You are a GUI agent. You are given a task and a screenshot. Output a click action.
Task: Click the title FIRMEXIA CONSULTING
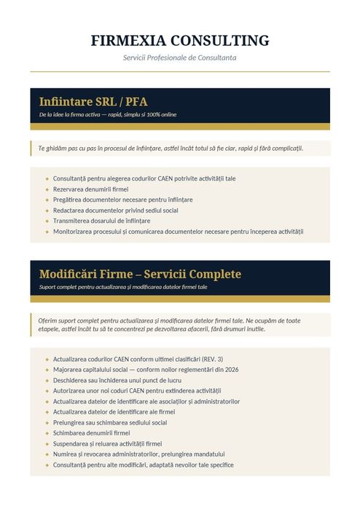180,41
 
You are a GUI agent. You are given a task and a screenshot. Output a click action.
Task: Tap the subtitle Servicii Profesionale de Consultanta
180,58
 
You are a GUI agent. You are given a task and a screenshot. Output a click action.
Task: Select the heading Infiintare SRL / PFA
93,101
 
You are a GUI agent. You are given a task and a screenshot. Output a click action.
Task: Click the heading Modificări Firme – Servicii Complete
140,274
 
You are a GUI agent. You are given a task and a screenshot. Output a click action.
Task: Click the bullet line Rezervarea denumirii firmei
90,189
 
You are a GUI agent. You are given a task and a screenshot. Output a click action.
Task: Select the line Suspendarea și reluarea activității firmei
107,443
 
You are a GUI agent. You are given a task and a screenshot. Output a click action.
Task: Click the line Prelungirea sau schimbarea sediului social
110,422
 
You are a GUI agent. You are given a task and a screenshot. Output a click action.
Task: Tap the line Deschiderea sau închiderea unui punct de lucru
117,380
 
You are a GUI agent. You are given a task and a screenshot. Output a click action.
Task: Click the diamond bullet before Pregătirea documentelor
47,200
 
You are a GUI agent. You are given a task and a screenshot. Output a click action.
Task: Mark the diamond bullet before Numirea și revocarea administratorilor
47,454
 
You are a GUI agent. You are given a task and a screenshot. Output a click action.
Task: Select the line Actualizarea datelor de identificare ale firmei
114,411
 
